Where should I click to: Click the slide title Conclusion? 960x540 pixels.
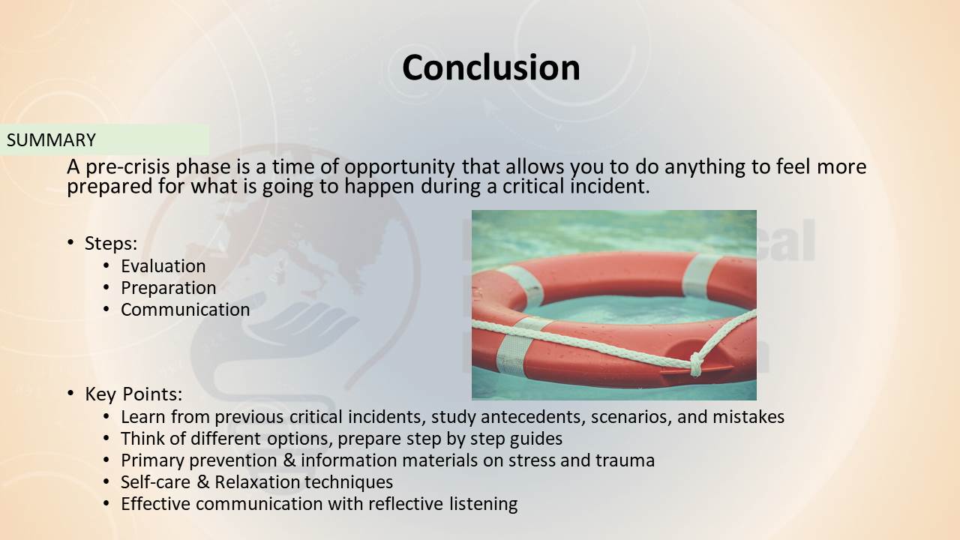(491, 67)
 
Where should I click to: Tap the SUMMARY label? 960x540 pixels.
(51, 140)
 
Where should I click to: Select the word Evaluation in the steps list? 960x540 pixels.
(163, 266)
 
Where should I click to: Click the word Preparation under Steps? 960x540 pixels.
(169, 288)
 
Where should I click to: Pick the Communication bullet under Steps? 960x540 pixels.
(185, 310)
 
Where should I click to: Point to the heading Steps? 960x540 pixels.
(111, 244)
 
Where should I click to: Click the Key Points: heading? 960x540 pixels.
(133, 394)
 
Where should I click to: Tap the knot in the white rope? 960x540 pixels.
(697, 364)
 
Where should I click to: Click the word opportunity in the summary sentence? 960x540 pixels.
(400, 167)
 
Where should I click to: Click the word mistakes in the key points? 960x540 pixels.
(748, 417)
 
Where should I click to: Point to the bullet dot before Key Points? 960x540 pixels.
(70, 393)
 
